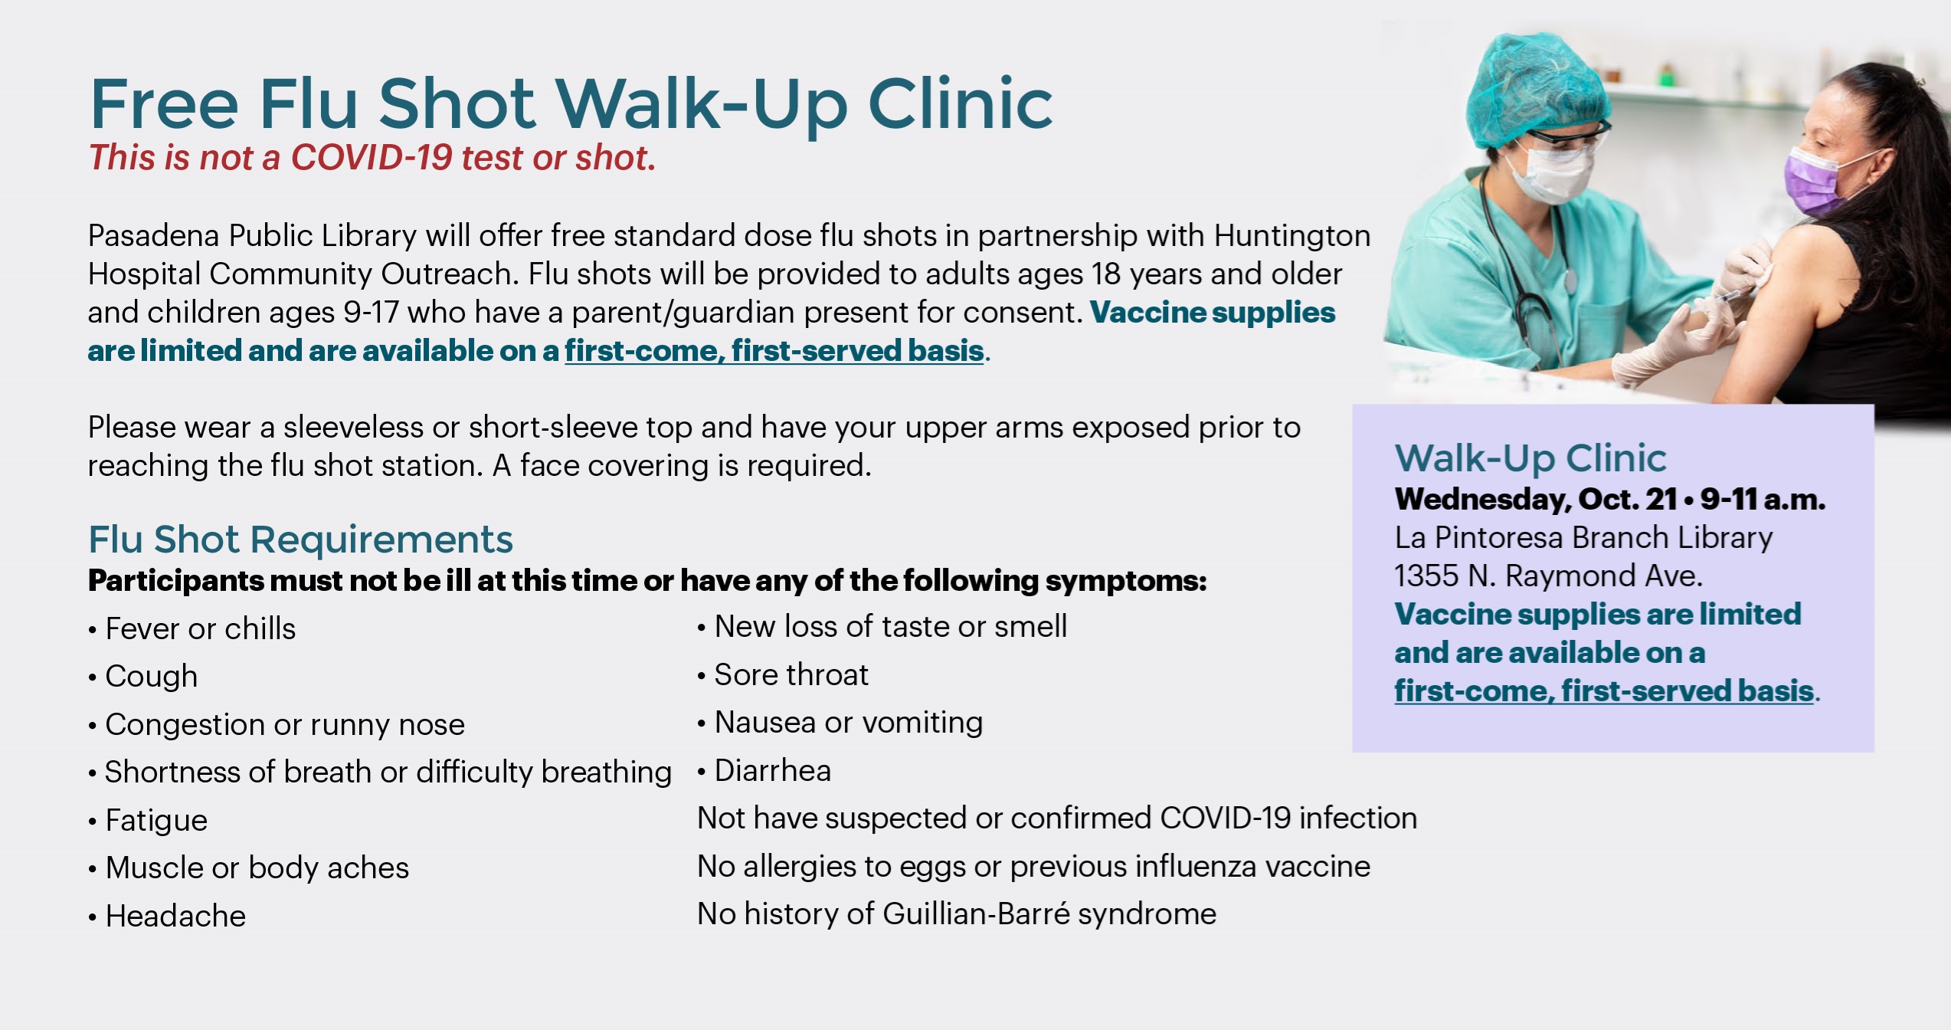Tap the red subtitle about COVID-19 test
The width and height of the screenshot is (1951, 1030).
[372, 158]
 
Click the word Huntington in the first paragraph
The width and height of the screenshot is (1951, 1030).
[1292, 236]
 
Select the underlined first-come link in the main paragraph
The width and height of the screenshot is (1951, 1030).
[774, 351]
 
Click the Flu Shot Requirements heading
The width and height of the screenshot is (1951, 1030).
[300, 539]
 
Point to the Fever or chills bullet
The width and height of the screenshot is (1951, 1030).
[192, 628]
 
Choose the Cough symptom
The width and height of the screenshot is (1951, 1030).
[143, 677]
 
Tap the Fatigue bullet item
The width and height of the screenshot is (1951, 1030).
[148, 821]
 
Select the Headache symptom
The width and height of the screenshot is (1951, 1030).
[167, 917]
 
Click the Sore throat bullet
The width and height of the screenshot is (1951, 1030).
[783, 674]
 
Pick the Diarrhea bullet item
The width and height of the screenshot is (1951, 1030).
[764, 771]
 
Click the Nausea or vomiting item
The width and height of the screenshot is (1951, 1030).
[840, 723]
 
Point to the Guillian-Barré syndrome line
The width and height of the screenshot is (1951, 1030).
[957, 914]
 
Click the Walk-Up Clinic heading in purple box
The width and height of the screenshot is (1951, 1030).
[1530, 458]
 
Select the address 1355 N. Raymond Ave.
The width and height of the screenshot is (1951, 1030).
[1548, 576]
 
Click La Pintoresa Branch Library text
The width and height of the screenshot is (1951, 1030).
[1583, 538]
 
